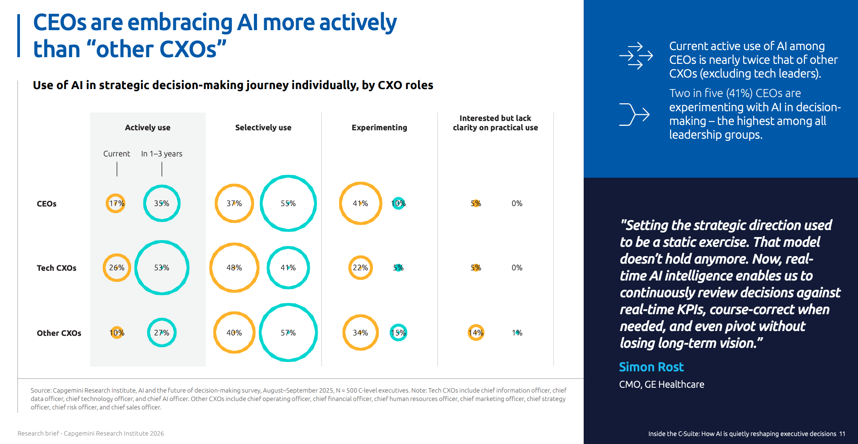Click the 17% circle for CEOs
[116, 203]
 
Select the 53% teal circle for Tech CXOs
[162, 268]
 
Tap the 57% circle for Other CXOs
[288, 333]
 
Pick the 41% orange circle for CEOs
[360, 203]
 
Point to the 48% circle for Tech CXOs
[234, 268]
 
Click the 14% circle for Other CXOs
[476, 333]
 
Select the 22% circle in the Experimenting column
[360, 268]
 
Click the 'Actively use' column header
[148, 128]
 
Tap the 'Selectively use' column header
[263, 128]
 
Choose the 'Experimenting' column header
[379, 128]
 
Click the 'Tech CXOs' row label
[56, 268]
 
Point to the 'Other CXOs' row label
[59, 333]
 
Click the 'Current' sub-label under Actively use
[117, 154]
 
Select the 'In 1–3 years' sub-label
[162, 154]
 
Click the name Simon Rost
[651, 367]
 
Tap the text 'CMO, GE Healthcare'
[661, 385]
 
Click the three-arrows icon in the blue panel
[636, 56]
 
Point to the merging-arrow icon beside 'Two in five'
[634, 114]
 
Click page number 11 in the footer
[842, 434]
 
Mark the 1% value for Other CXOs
[517, 333]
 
